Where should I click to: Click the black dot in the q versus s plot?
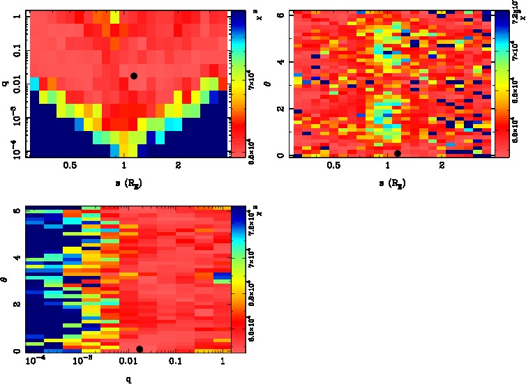(134, 75)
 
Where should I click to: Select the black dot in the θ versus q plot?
(140, 348)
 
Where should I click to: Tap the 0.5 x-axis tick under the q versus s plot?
(70, 166)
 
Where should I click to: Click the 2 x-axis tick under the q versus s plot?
(179, 166)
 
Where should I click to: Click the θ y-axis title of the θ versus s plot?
(272, 86)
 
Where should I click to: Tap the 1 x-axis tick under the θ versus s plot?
(387, 166)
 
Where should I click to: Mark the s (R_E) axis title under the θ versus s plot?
(391, 184)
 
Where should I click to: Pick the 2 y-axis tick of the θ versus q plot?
(17, 305)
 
